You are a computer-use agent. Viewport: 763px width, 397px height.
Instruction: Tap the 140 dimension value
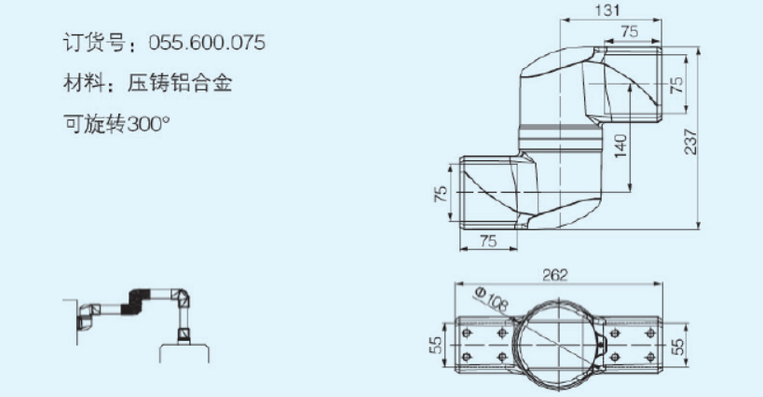click(618, 144)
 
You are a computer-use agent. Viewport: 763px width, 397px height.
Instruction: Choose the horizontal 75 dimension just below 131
click(630, 31)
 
